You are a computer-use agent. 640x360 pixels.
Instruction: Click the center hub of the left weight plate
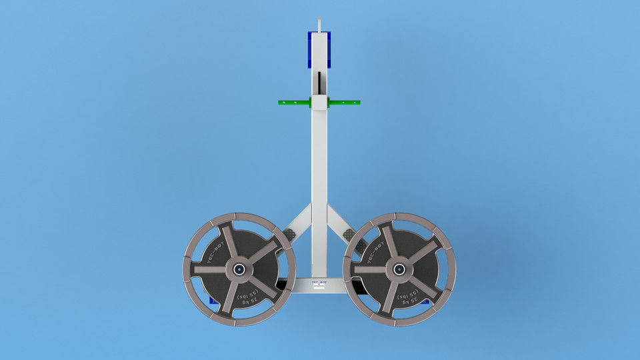(x=239, y=269)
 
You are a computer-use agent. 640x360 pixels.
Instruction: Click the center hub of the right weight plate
(x=399, y=269)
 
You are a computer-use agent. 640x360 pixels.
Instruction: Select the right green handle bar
(x=345, y=103)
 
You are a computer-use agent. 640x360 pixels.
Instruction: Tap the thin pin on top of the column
(x=320, y=24)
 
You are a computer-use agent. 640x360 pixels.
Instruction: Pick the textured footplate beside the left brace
(x=291, y=235)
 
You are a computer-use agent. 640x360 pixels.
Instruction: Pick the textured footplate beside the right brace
(x=349, y=235)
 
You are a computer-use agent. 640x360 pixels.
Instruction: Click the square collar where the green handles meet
(x=320, y=103)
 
